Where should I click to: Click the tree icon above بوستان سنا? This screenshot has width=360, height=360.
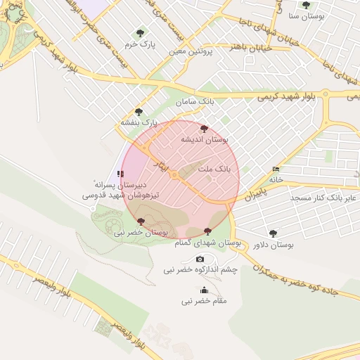[306, 5]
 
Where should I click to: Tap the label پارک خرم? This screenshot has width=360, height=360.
[139, 44]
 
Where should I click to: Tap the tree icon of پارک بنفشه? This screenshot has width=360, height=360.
[139, 111]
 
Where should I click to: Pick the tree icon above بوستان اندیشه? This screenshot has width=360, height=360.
[204, 129]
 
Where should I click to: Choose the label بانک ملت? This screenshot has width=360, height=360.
[214, 169]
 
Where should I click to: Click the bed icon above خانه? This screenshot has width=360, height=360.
[276, 169]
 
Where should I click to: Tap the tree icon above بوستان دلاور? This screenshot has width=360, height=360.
[273, 233]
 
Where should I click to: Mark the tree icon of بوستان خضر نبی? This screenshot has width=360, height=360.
[143, 221]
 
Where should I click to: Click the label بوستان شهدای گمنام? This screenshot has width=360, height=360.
[209, 242]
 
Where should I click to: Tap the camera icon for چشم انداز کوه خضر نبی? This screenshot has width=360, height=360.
[200, 259]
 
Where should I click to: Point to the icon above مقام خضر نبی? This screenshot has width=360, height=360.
[205, 290]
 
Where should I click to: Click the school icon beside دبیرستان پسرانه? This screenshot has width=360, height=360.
[121, 172]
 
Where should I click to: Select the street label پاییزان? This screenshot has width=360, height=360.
[257, 193]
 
